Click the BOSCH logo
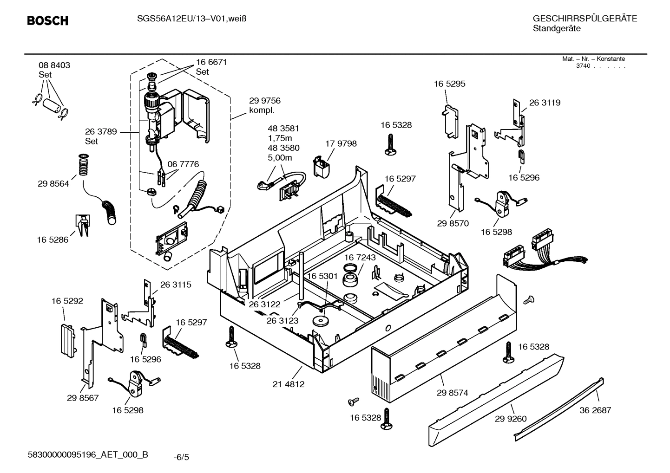tap(47, 21)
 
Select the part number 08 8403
tap(54, 65)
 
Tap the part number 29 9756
tap(264, 101)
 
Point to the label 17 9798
tap(341, 144)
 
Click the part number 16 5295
tap(449, 84)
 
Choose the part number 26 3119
tap(545, 103)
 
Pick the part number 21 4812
tap(289, 384)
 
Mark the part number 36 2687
tap(595, 410)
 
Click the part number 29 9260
tap(511, 419)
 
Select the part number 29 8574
tap(452, 393)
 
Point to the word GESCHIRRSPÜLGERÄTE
tap(585, 19)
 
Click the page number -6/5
tap(181, 457)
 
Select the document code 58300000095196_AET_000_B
tap(88, 454)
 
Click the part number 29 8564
tap(53, 184)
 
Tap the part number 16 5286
tap(53, 240)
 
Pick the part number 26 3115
tap(176, 285)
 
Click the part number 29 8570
tap(453, 223)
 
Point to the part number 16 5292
tap(67, 301)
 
